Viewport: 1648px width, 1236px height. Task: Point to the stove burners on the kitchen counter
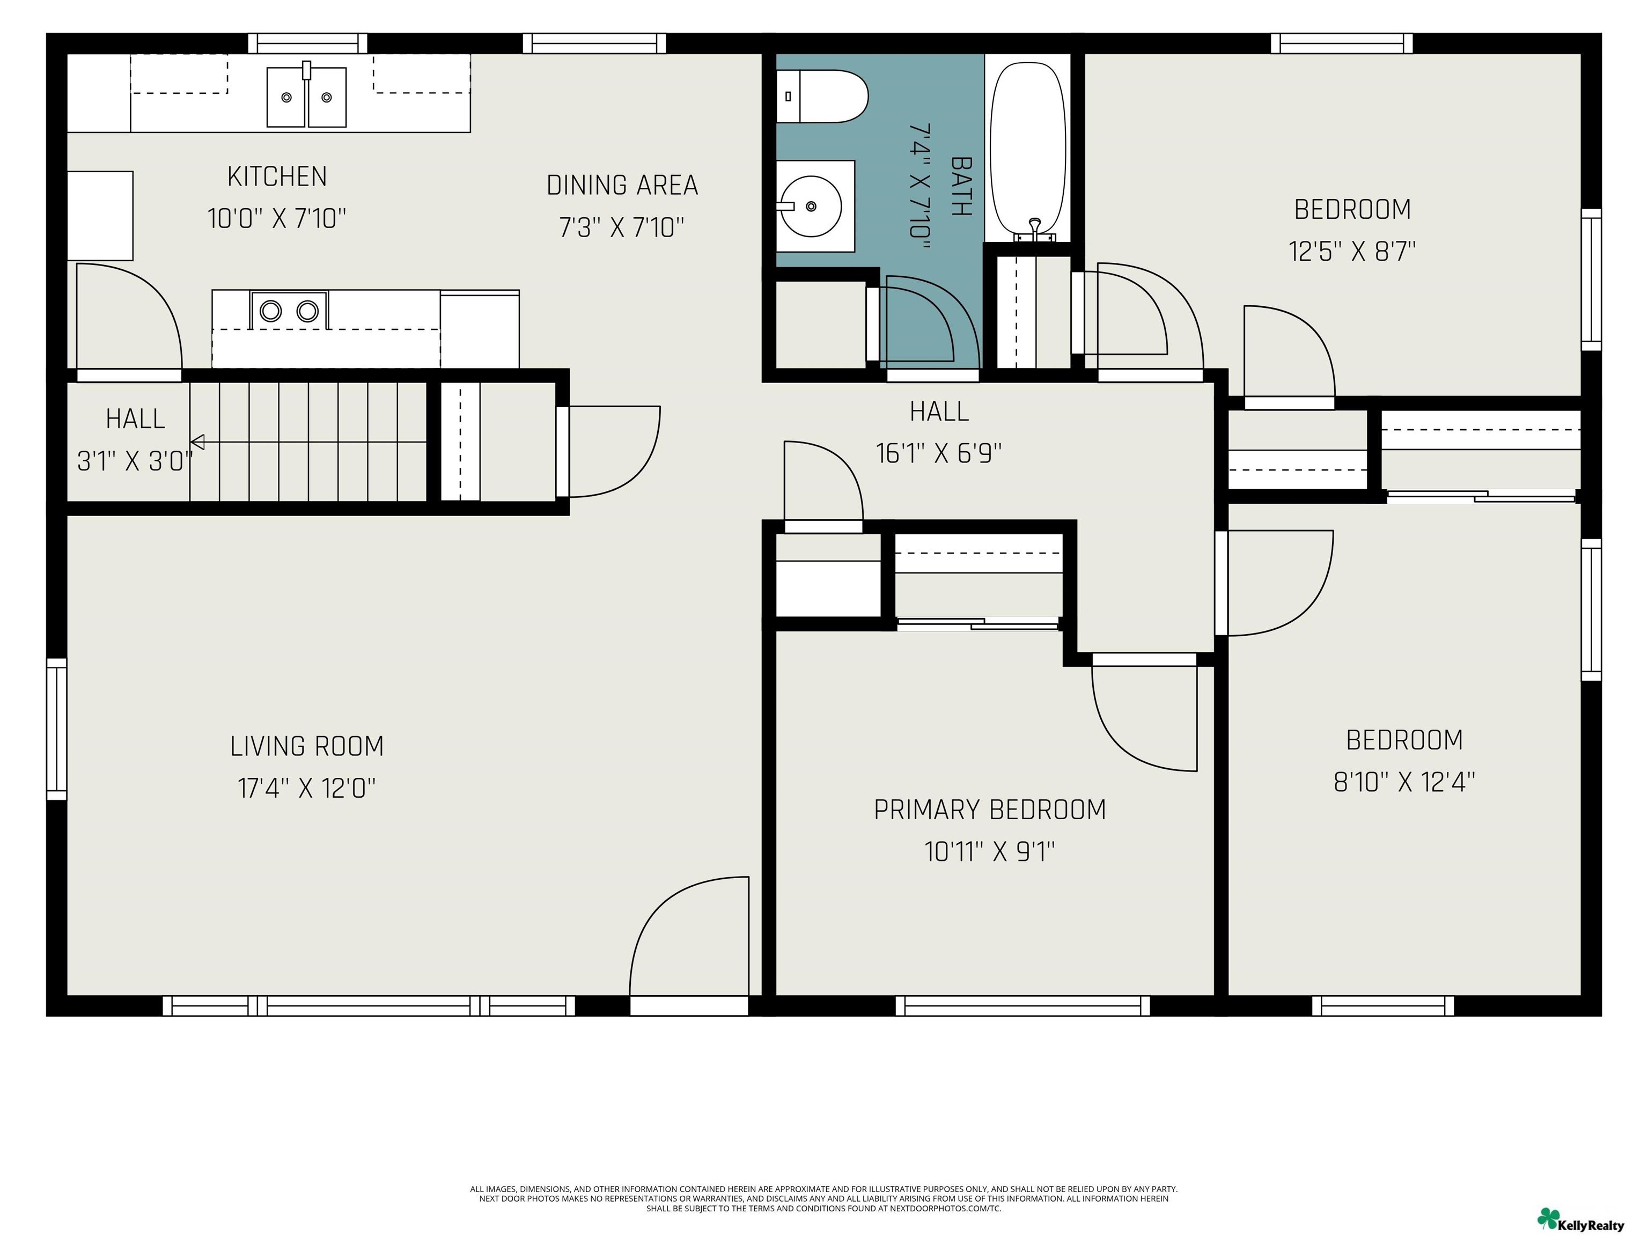click(x=289, y=310)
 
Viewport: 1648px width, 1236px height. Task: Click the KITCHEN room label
click(x=277, y=176)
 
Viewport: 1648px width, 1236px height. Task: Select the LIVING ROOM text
click(x=307, y=746)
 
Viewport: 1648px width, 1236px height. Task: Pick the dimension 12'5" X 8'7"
click(x=1352, y=251)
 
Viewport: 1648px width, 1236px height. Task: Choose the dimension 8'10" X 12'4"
click(x=1404, y=782)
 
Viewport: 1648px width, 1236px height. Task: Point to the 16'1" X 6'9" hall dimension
click(x=939, y=453)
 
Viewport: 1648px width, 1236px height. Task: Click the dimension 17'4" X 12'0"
click(x=307, y=788)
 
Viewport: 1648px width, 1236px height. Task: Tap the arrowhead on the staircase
click(x=197, y=443)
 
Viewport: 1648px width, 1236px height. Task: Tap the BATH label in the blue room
click(x=962, y=186)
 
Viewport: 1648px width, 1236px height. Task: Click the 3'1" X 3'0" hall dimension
click(x=135, y=461)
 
